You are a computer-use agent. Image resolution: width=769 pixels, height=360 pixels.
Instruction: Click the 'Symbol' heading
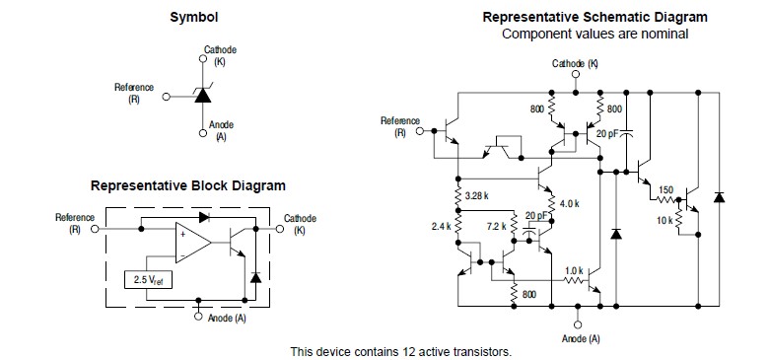[x=193, y=18]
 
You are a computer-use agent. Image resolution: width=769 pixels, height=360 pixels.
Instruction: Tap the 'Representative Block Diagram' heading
[x=188, y=186]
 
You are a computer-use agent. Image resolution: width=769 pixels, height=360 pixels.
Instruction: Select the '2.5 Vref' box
[x=149, y=280]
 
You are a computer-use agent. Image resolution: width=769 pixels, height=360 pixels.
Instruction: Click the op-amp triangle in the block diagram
[x=193, y=243]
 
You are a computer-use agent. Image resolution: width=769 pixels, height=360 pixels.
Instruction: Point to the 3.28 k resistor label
[x=476, y=195]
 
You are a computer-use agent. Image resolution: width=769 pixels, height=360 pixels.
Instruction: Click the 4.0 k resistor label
[x=569, y=203]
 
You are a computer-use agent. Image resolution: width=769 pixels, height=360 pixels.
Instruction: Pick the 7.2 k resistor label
[x=496, y=227]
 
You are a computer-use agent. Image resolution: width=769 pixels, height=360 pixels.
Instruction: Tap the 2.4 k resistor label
[x=441, y=227]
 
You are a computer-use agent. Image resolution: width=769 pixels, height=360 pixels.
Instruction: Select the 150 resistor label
[x=666, y=189]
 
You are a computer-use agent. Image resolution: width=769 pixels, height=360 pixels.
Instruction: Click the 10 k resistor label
[x=664, y=221]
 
